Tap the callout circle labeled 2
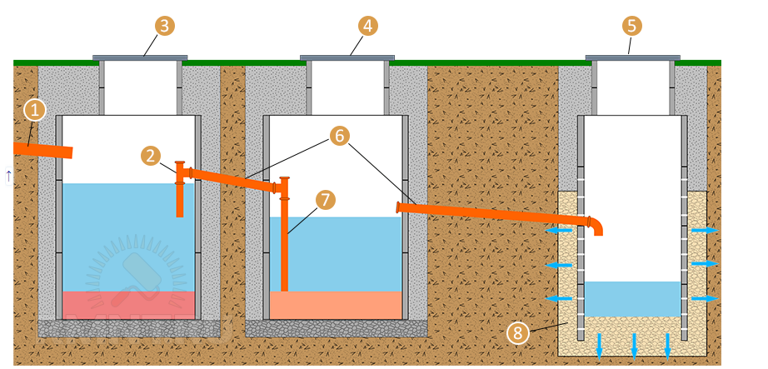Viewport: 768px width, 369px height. point(151,156)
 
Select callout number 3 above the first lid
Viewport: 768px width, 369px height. point(165,25)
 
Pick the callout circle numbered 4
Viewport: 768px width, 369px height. point(367,25)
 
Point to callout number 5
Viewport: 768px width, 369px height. point(632,25)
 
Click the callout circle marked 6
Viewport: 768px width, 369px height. point(337,135)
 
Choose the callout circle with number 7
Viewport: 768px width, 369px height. point(326,200)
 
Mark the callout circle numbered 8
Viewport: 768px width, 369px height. point(517,333)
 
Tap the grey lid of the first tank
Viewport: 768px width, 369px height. point(140,57)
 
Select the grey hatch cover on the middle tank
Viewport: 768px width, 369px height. point(347,57)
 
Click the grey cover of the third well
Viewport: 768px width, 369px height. point(633,57)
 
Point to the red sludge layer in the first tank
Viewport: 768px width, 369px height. point(129,305)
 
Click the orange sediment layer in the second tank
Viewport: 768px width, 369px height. point(336,305)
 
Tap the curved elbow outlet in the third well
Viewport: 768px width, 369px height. point(594,224)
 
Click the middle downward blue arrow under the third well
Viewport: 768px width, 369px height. point(633,344)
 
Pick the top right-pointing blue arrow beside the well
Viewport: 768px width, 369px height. point(705,230)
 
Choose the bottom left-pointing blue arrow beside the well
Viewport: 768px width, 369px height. point(559,297)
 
